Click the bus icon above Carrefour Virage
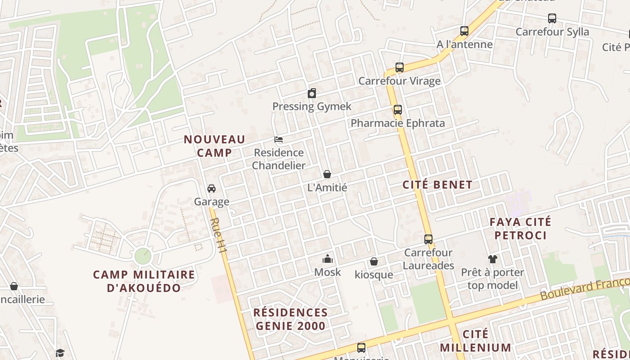400,68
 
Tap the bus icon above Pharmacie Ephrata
397,110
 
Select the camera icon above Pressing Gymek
312,94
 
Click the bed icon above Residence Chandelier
279,139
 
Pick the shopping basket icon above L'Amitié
327,174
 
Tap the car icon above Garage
211,188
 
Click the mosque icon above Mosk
327,259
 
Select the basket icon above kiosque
373,261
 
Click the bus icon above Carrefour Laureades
428,239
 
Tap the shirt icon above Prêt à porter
493,259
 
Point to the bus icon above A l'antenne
464,31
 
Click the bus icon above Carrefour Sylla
552,18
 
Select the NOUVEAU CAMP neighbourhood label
215,146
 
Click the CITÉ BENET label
437,184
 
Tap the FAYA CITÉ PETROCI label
520,229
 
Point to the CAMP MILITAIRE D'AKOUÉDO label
144,281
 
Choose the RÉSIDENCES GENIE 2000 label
290,319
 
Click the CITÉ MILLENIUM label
476,341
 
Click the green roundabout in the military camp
144,256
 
